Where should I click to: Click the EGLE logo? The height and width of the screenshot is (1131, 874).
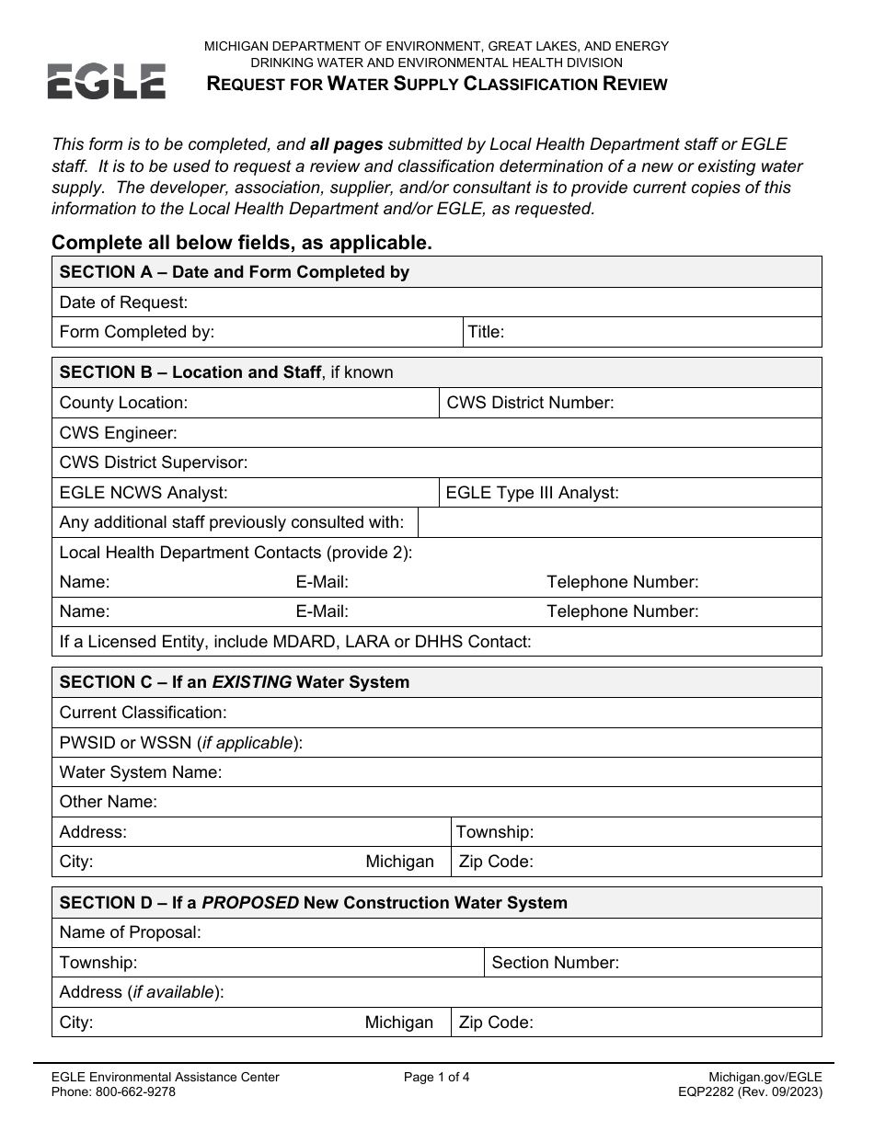click(x=107, y=81)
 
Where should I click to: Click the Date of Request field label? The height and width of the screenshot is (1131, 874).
click(x=123, y=303)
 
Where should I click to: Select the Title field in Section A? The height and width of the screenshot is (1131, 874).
click(x=487, y=332)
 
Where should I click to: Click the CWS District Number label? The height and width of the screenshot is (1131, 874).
click(x=530, y=403)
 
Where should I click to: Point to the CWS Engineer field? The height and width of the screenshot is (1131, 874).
click(x=118, y=433)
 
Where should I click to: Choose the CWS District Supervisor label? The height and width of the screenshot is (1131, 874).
click(x=154, y=463)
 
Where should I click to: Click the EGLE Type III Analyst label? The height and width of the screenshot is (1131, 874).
click(x=532, y=493)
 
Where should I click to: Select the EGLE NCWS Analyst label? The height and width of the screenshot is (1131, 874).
click(x=144, y=493)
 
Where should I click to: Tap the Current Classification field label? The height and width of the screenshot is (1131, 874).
click(x=143, y=713)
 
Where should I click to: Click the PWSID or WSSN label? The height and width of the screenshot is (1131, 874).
click(x=180, y=743)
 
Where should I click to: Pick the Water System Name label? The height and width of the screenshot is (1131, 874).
click(x=141, y=772)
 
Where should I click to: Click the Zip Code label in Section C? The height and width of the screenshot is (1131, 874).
click(x=496, y=862)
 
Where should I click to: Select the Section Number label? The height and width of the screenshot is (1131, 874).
click(x=555, y=963)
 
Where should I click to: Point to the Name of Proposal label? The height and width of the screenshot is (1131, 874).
click(x=130, y=932)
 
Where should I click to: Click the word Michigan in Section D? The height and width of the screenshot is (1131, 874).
click(x=398, y=1022)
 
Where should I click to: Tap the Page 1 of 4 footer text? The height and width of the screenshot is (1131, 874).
click(x=436, y=1078)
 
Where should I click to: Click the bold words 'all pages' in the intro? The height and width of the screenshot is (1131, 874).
click(x=346, y=144)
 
